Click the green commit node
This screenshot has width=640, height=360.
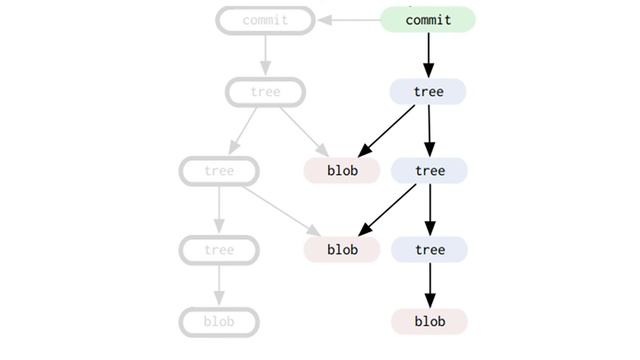(x=428, y=20)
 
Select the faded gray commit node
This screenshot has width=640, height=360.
(x=265, y=20)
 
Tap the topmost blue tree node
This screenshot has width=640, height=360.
(x=428, y=92)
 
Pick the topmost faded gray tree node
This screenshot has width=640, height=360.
(x=265, y=92)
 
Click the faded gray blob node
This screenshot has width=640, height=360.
(x=219, y=322)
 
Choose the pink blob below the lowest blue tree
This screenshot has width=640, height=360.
(x=429, y=322)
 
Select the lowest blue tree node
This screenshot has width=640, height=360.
(x=429, y=250)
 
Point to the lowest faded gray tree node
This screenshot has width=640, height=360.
(x=219, y=250)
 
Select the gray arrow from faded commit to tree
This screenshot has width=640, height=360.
(x=265, y=55)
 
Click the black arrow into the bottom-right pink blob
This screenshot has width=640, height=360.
(x=429, y=286)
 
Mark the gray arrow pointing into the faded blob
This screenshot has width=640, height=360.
(x=219, y=286)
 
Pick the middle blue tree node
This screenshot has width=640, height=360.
(x=429, y=171)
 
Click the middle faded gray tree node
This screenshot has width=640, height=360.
(x=219, y=171)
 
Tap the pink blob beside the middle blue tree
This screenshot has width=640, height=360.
(x=342, y=171)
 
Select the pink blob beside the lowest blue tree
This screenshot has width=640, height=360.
(x=342, y=250)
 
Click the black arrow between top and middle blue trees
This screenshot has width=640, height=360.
(x=429, y=131)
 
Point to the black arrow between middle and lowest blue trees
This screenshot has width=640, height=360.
(x=429, y=210)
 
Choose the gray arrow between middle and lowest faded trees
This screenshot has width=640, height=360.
(x=219, y=210)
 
